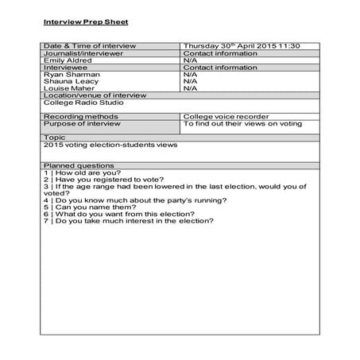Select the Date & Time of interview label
(90, 46)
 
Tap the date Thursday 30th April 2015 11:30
(242, 46)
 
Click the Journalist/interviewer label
(83, 53)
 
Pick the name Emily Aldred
(67, 60)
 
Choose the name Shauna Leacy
(70, 81)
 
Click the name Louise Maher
(68, 88)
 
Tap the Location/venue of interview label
(95, 95)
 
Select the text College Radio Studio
(80, 103)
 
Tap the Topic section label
(55, 137)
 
